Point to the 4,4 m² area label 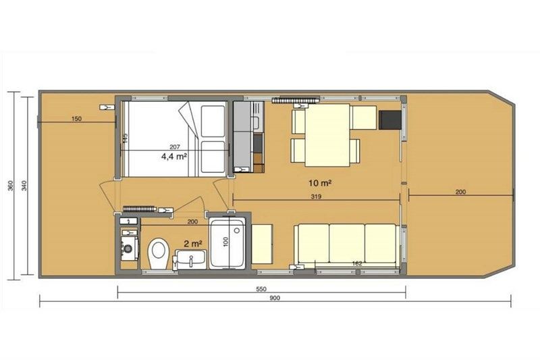point(173,156)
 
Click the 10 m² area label point(320,183)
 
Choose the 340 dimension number point(24,186)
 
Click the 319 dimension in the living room point(317,198)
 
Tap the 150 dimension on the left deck point(76,119)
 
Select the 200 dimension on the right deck point(460,192)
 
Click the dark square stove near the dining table point(389,120)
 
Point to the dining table point(327,135)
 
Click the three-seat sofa point(347,245)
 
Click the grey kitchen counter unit point(243,135)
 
